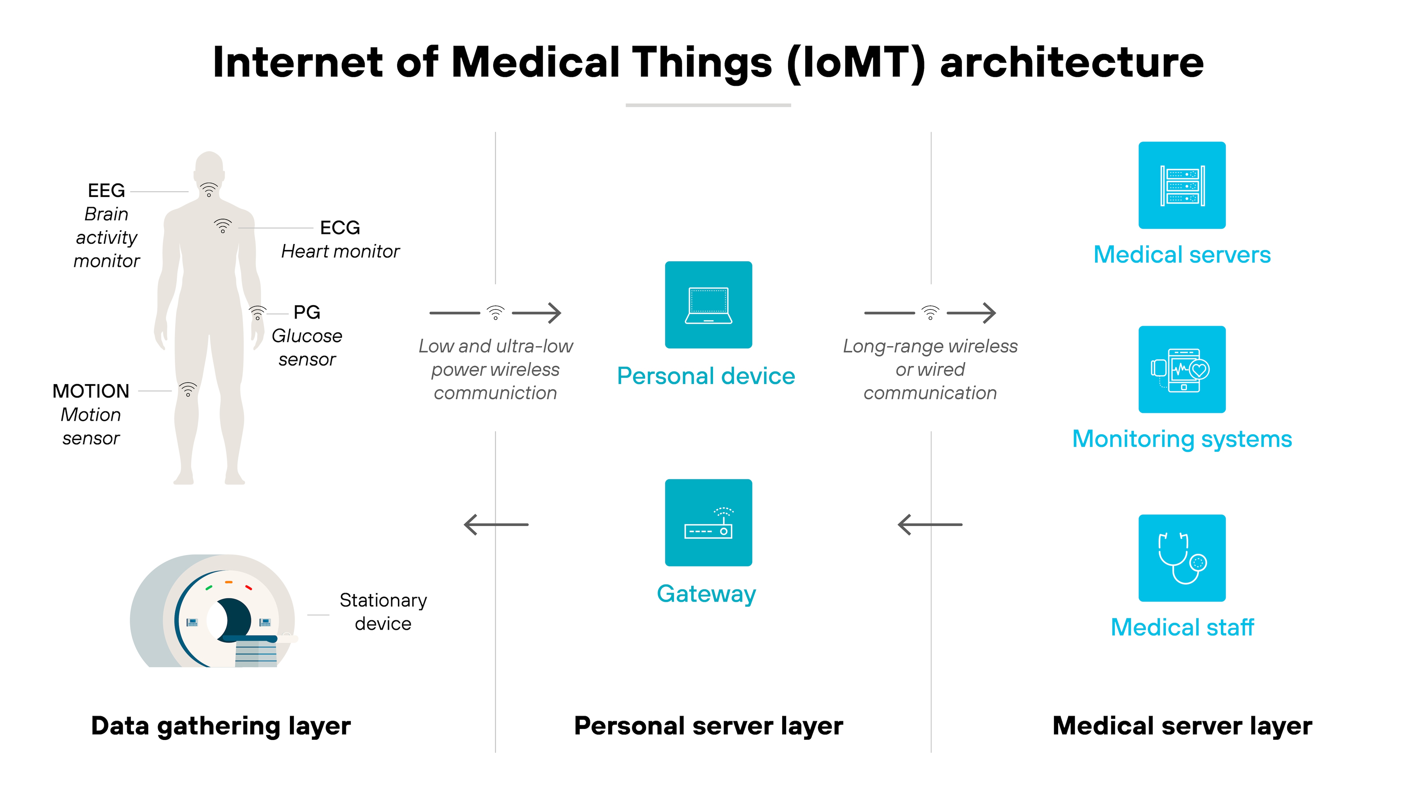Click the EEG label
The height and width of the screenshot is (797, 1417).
(106, 191)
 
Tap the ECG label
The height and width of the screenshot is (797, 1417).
(340, 228)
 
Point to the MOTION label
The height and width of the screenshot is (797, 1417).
(91, 391)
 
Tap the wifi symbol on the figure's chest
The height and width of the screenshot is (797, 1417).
(223, 226)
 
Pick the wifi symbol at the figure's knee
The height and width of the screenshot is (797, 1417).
(188, 389)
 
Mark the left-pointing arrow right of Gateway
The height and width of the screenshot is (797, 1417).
(930, 525)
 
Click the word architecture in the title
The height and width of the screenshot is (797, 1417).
(1072, 62)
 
